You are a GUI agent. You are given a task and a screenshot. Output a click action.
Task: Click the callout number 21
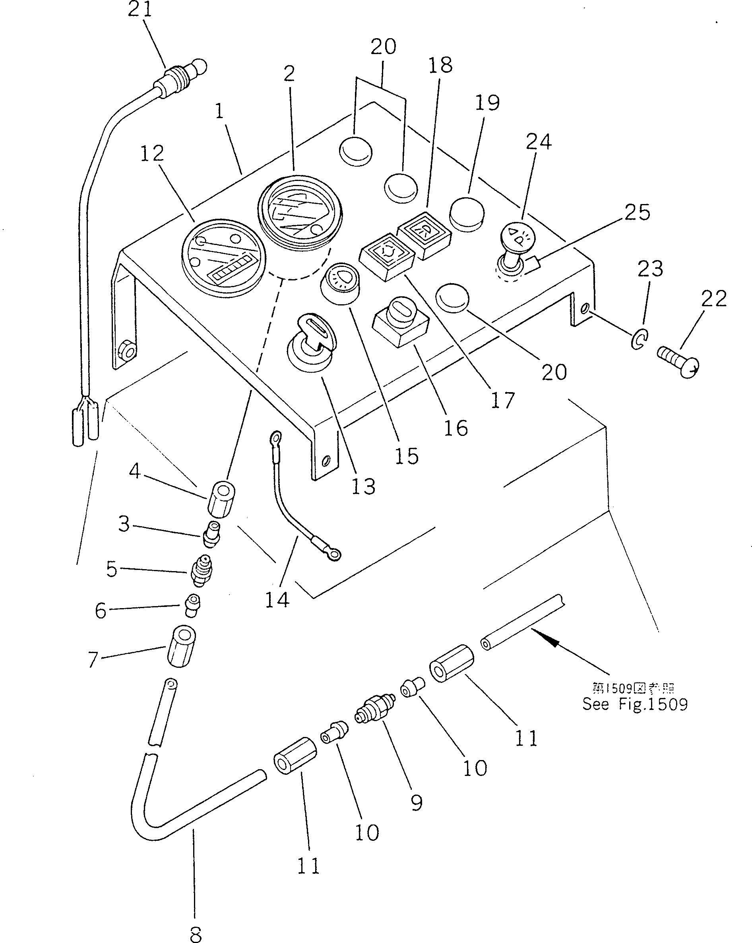pos(140,9)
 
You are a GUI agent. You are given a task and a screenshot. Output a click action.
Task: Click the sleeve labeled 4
pos(221,500)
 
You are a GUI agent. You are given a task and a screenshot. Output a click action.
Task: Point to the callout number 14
pos(277,600)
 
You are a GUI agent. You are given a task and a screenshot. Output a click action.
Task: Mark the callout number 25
pos(637,212)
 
